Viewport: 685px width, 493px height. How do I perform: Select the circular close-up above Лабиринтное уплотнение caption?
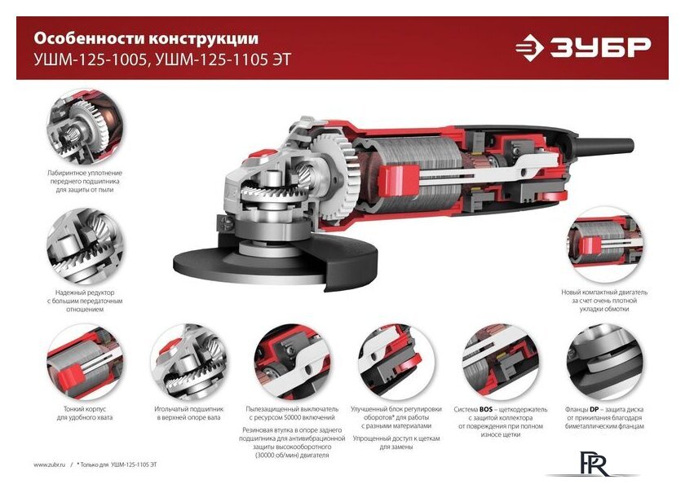click(x=85, y=128)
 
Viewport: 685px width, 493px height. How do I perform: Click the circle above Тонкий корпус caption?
click(x=85, y=362)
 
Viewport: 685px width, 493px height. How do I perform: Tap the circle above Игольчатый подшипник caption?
click(x=188, y=362)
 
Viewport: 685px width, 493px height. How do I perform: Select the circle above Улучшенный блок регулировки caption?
click(x=396, y=362)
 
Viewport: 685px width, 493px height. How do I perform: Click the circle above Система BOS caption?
click(x=500, y=362)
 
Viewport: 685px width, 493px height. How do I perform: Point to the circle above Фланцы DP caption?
click(x=603, y=362)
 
